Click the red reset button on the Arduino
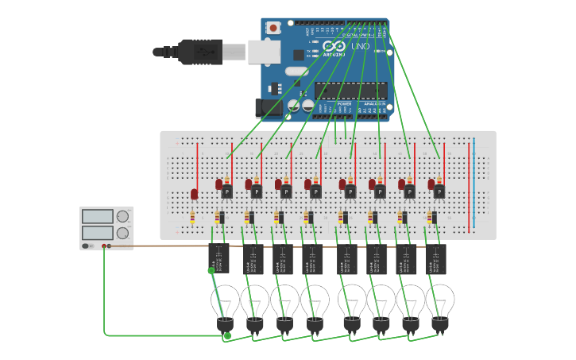[273, 28]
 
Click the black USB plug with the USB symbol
[200, 51]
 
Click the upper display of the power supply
[98, 216]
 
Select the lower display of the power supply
[98, 233]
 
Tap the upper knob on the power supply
[122, 216]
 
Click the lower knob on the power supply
[122, 233]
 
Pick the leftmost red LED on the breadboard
[194, 194]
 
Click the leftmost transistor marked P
[226, 192]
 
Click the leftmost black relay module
[218, 258]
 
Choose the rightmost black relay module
[436, 258]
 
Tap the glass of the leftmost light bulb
[225, 300]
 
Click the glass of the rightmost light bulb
[439, 300]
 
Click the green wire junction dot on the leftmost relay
[211, 271]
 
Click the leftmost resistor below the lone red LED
[193, 218]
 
